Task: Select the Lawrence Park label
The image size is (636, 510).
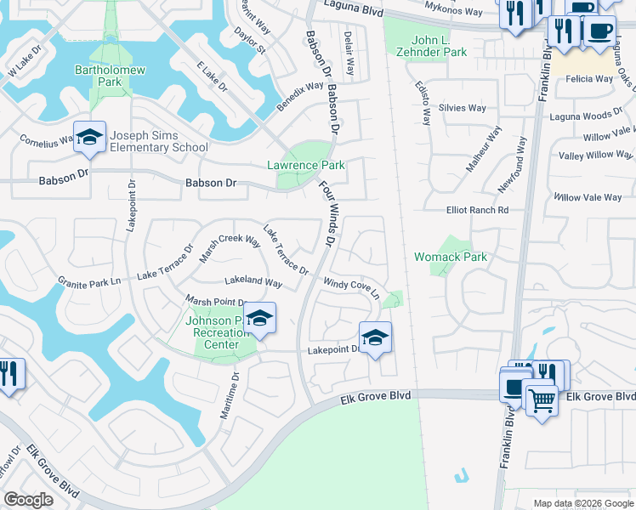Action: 306,165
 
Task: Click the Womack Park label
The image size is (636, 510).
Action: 450,256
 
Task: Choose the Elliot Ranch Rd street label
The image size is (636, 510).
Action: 477,210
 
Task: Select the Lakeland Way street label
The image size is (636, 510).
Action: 253,281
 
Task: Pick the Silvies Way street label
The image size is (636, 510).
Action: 463,108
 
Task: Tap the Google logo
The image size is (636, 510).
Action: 29,499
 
